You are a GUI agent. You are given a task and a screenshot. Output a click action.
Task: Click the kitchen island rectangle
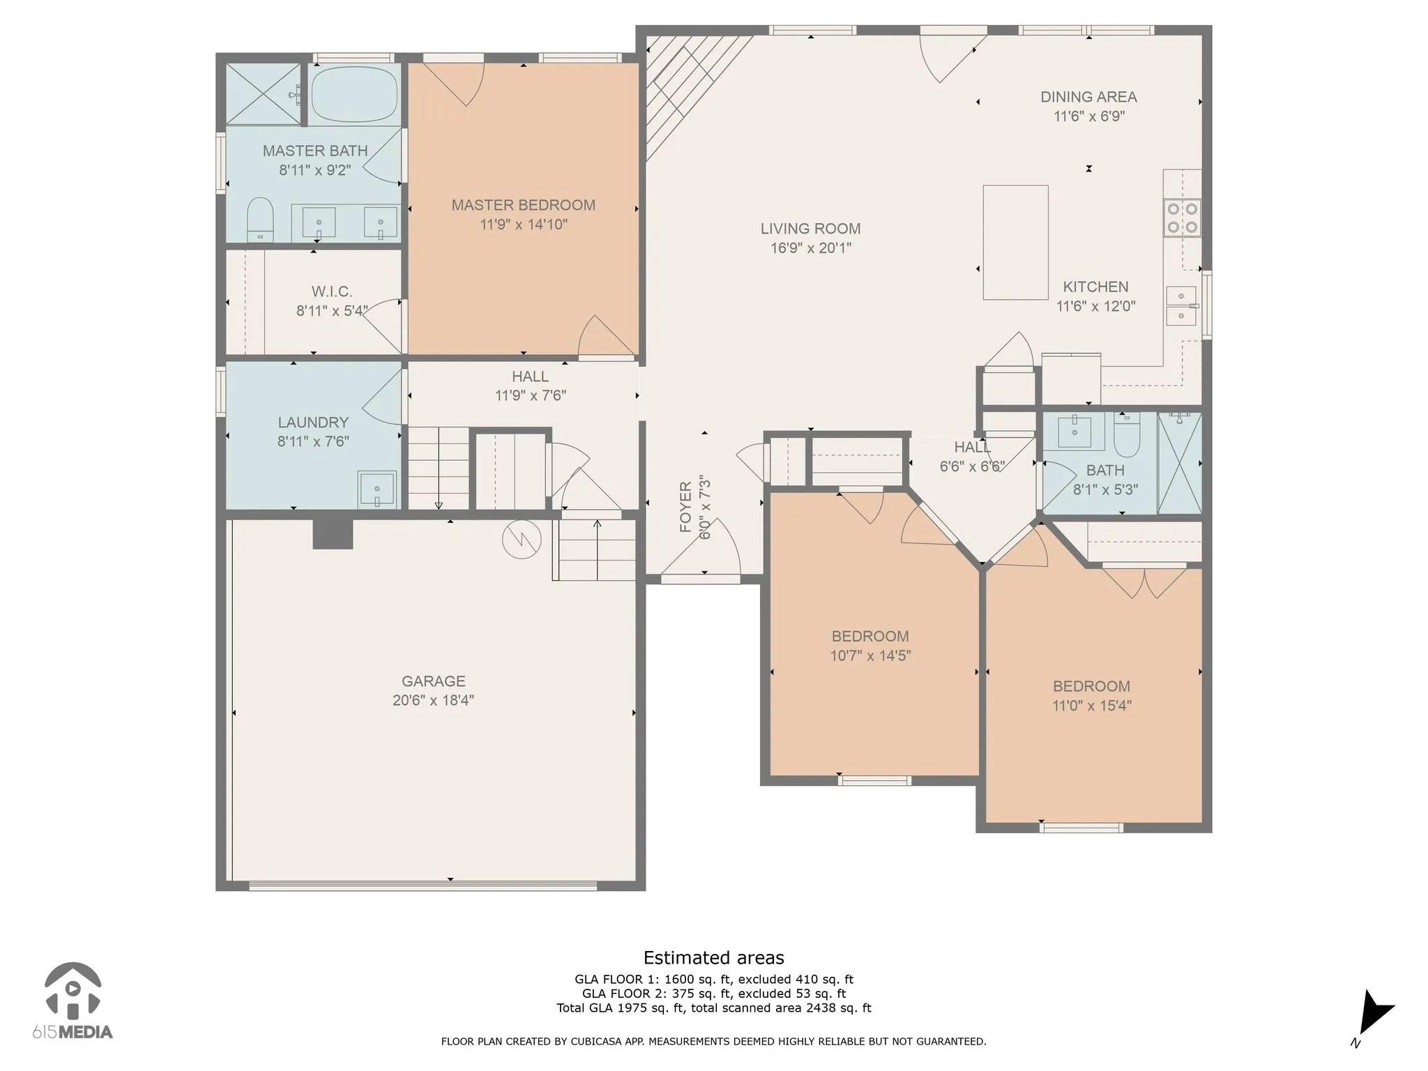(1015, 242)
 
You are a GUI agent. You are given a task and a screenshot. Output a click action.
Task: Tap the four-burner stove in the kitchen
(1183, 217)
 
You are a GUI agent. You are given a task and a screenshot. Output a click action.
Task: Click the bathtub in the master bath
(354, 94)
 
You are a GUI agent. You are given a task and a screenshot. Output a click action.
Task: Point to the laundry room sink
(377, 489)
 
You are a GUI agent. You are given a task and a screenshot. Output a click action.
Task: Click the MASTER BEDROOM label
(523, 205)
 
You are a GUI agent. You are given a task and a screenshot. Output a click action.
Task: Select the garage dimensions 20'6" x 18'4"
(433, 700)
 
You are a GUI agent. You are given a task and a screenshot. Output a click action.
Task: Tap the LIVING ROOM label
(810, 229)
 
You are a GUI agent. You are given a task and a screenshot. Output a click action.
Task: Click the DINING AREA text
(1088, 97)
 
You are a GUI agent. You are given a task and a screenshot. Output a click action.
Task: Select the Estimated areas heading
(713, 958)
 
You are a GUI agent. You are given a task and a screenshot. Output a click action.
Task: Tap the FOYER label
(686, 507)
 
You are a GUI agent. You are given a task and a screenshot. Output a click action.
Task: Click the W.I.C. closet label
(331, 291)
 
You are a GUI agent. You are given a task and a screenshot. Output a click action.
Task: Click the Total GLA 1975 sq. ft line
(713, 1008)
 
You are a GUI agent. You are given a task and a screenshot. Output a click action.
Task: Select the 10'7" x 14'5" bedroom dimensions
(870, 655)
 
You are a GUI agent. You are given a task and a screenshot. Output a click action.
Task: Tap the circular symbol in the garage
(522, 539)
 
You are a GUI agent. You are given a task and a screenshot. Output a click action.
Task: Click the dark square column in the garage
(333, 533)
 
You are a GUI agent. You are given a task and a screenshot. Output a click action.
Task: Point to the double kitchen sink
(1182, 306)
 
